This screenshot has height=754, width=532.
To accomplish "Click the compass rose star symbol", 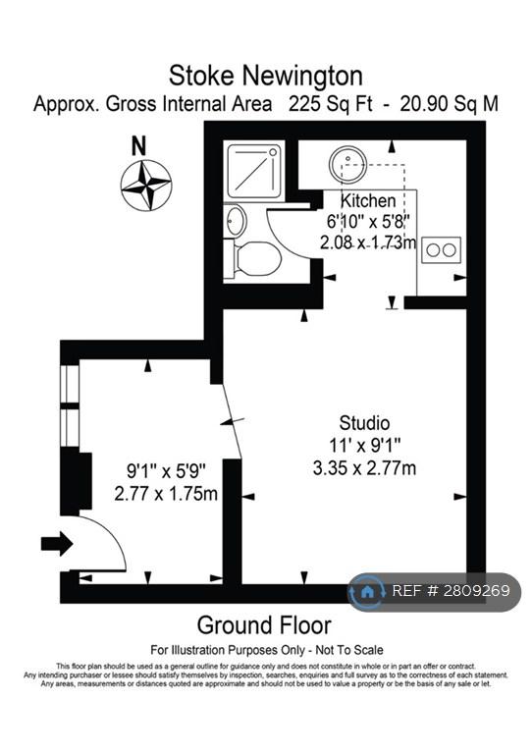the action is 145,185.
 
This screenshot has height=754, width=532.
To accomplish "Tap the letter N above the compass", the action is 138,146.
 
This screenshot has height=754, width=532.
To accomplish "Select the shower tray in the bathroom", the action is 254,169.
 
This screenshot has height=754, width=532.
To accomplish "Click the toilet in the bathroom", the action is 253,260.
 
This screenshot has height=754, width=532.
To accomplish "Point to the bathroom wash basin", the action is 236,221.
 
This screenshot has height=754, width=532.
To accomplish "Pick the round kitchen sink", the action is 346,164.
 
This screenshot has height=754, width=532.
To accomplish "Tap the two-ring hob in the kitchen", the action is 441,249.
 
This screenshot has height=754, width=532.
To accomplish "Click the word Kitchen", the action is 368,201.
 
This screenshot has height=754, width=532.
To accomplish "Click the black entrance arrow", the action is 57,544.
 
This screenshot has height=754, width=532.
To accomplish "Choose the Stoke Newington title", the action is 266,76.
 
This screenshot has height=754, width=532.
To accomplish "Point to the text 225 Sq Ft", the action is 330,104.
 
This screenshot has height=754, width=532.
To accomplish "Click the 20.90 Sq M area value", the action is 449,104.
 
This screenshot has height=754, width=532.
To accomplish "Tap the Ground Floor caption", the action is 264,625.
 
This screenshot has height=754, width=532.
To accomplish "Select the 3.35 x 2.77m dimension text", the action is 364,468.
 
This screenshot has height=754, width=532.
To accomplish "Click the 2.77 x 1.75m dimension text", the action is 166,494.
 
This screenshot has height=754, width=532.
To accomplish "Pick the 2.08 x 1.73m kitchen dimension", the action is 368,242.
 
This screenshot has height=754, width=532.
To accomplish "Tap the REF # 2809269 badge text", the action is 451,591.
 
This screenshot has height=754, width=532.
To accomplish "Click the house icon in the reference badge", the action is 367,591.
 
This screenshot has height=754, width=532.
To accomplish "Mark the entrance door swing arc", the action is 113,534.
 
